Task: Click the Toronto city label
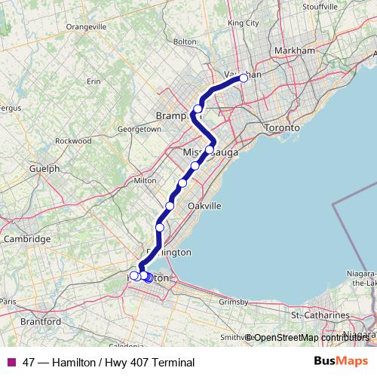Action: [283, 128]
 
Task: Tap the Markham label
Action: [296, 51]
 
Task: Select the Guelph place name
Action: [44, 168]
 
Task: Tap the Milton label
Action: [144, 180]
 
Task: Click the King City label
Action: [243, 23]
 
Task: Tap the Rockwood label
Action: [73, 140]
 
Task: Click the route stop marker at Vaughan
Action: [244, 78]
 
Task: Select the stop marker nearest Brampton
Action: [198, 109]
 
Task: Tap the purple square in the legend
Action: [11, 363]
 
